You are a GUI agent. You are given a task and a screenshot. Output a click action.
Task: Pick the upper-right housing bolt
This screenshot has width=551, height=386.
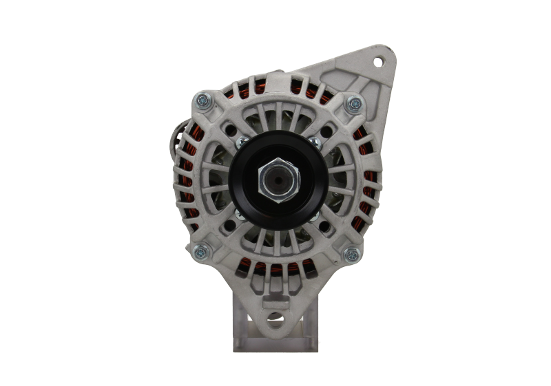354,103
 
